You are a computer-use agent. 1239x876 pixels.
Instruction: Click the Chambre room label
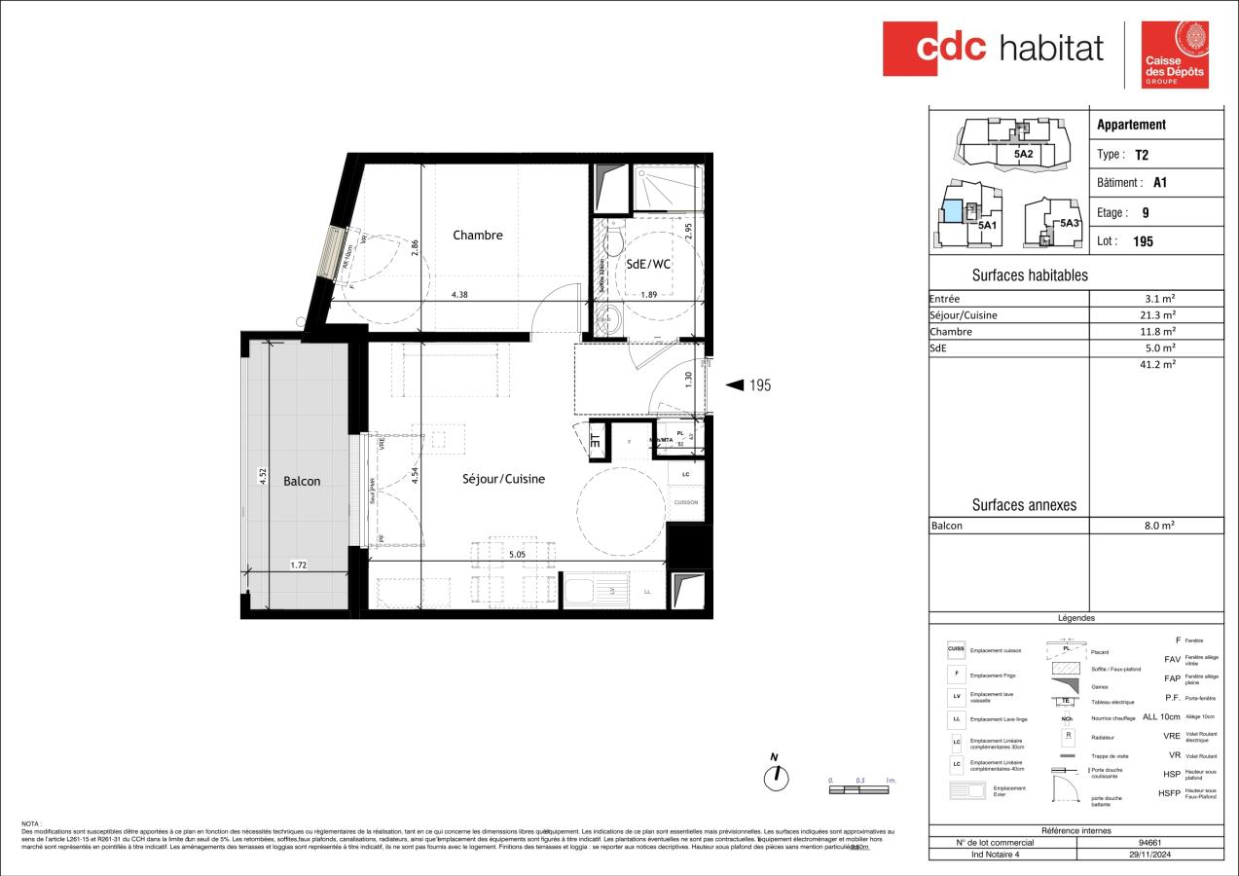[478, 235]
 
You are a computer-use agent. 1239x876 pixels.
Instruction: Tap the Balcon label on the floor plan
[302, 481]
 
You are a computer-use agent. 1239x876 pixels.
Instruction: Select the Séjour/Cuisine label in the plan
[503, 479]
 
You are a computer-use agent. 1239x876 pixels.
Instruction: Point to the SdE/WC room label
[647, 263]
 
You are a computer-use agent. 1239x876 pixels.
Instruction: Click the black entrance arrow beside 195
[736, 385]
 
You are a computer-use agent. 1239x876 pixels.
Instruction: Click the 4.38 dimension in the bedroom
[460, 294]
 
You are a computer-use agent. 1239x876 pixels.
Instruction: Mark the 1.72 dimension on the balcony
[300, 565]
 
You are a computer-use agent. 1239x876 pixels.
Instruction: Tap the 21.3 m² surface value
[1160, 315]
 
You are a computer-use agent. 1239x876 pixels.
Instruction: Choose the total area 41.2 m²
[1160, 364]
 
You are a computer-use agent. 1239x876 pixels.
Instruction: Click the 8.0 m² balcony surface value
[1160, 526]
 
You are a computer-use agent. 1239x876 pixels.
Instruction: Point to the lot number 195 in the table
[1144, 241]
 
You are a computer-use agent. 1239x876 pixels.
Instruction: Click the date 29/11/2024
[1149, 854]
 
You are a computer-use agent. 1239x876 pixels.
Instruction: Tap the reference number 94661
[1149, 842]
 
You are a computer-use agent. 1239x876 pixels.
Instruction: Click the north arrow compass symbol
[776, 776]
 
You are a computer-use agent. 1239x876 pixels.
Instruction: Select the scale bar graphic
[860, 789]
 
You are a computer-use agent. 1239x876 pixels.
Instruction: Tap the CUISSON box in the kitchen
[685, 502]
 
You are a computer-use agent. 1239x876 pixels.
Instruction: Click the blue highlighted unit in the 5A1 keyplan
[953, 209]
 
